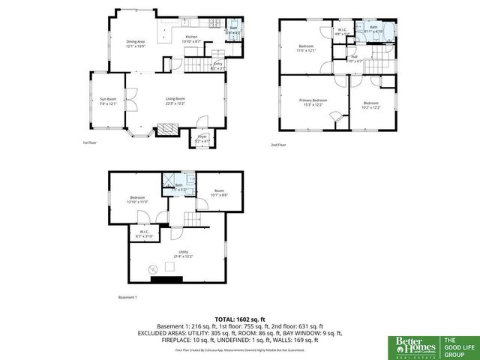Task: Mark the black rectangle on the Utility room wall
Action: point(166,280)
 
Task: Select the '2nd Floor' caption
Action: point(278,145)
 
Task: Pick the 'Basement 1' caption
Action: point(128,298)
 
